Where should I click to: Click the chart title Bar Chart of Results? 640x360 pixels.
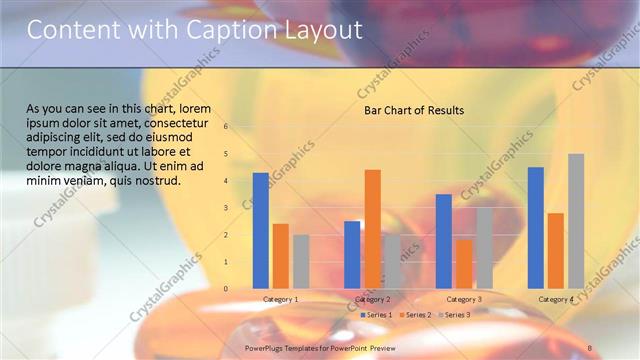(413, 110)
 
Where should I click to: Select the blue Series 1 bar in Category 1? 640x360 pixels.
(261, 230)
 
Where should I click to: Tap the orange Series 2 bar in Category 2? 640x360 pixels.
(372, 229)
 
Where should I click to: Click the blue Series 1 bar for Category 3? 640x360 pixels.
(444, 241)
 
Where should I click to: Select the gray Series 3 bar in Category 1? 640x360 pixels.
(301, 261)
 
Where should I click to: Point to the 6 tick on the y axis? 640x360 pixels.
(227, 127)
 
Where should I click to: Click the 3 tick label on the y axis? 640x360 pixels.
(227, 208)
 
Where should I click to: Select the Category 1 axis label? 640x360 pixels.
(281, 299)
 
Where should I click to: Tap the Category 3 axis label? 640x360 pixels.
(464, 299)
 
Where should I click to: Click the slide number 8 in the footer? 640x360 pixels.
(589, 347)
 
